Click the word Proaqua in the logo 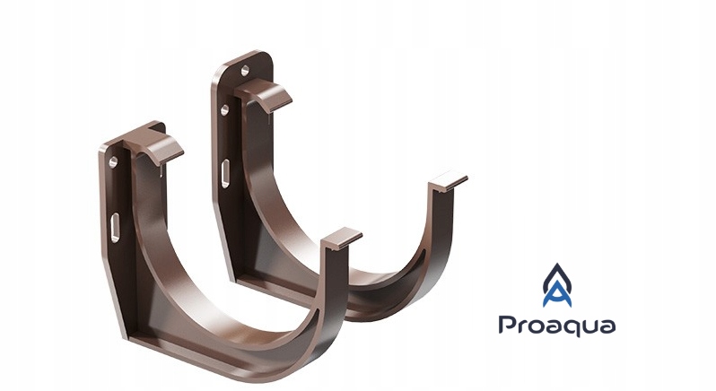556,326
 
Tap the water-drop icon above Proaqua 557,285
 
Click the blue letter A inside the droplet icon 557,295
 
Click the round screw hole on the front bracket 113,162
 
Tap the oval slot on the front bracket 116,227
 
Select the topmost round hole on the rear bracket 245,70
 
